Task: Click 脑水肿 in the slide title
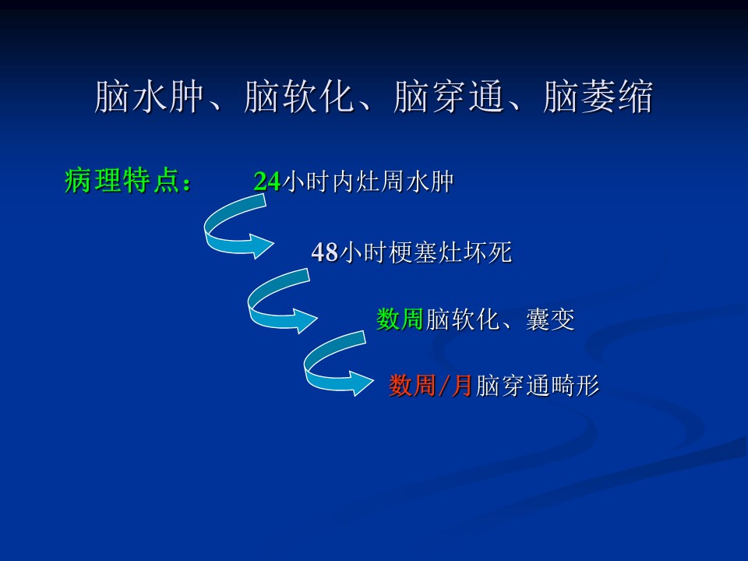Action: click(150, 97)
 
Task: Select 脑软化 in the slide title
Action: click(298, 97)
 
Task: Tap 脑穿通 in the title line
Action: click(449, 97)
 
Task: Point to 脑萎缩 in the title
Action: click(598, 97)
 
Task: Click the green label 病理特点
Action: click(122, 181)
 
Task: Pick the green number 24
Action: click(266, 182)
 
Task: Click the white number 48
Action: click(325, 252)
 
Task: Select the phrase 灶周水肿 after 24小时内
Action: click(405, 182)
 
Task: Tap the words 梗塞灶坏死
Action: click(450, 252)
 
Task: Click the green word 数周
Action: click(400, 319)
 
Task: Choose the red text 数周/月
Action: click(430, 386)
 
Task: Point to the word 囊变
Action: click(550, 319)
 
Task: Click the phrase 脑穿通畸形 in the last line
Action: click(537, 386)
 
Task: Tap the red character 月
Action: click(461, 386)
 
